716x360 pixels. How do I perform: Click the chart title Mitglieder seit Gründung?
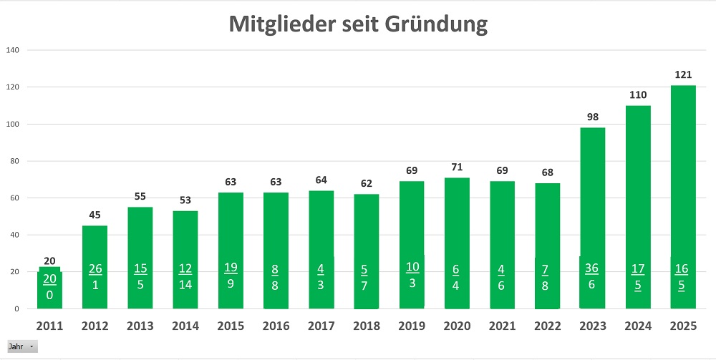coord(358,24)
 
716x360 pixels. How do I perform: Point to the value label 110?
coord(637,94)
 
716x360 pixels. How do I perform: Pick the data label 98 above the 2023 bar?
coord(592,117)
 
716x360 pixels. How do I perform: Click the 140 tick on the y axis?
coord(13,50)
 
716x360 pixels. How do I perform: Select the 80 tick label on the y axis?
coord(13,161)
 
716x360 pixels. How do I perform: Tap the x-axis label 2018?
coord(366,326)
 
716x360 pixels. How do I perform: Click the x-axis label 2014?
coord(185,326)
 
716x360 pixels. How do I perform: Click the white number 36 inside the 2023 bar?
coord(592,268)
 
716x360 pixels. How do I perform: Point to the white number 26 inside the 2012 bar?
coord(95,268)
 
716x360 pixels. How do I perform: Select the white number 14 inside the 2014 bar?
coord(185,284)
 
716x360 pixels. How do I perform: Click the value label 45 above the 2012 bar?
coord(95,215)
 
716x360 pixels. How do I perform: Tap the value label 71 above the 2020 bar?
coord(457,167)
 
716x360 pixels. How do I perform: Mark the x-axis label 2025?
coord(682,326)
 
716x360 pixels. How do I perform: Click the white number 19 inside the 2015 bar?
coord(231,268)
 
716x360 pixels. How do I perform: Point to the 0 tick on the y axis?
coord(16,309)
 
